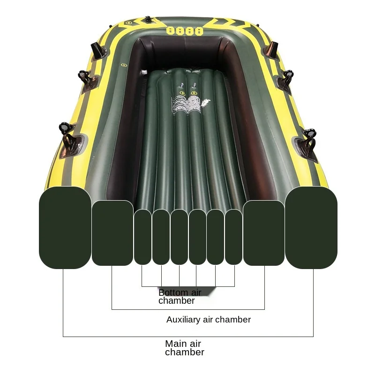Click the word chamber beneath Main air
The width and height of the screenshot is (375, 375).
pos(185,352)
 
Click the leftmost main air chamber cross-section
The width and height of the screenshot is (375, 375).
pos(65,227)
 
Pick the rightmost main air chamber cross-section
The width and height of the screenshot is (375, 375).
pos(311,227)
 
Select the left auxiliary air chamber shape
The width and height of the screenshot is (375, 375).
pos(112,233)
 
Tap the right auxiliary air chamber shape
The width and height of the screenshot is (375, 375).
pos(264,233)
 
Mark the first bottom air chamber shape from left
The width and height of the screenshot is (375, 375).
pos(142,237)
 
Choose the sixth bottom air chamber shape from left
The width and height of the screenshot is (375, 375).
pos(233,237)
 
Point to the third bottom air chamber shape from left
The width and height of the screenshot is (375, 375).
pos(179,237)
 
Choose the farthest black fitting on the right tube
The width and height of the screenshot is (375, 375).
pos(272,48)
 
